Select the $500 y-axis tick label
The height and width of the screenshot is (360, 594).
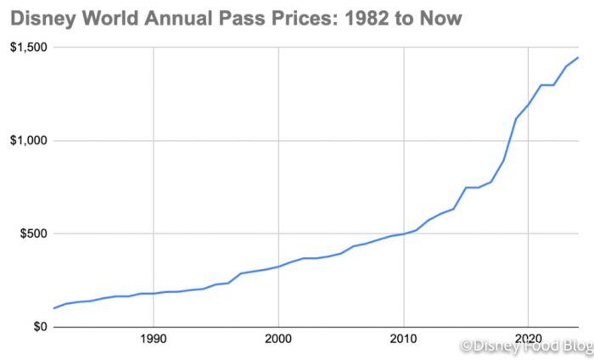(x=31, y=233)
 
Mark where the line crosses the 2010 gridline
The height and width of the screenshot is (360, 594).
(x=404, y=233)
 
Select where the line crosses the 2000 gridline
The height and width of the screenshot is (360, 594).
(x=278, y=267)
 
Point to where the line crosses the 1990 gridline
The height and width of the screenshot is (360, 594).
(x=153, y=293)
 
